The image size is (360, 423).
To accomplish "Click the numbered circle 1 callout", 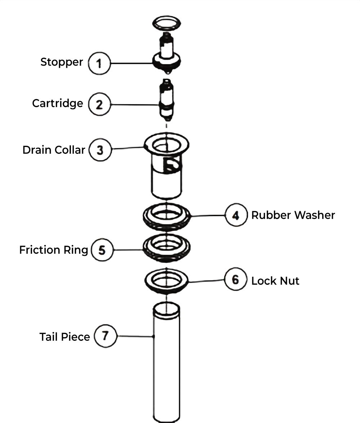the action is [x=99, y=63].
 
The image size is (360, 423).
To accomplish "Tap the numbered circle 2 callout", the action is [x=99, y=104].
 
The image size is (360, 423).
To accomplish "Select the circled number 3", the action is [x=100, y=150].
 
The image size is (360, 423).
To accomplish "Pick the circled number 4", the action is [x=236, y=215].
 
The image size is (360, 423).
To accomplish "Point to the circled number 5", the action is [x=102, y=250].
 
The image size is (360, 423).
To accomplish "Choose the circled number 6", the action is [x=236, y=279].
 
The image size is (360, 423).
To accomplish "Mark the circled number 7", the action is [x=105, y=336].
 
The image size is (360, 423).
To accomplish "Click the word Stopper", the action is [x=62, y=62].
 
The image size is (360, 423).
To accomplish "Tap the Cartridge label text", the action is [x=57, y=104].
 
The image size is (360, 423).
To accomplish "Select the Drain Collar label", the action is [x=54, y=150].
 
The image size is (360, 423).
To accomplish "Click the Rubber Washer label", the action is [x=293, y=215].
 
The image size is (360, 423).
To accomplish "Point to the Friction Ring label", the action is [x=54, y=250].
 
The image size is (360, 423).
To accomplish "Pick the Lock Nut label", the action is [x=275, y=281].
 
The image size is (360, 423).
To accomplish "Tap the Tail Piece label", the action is [x=65, y=337].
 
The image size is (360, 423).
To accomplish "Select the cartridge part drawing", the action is [x=167, y=100].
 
